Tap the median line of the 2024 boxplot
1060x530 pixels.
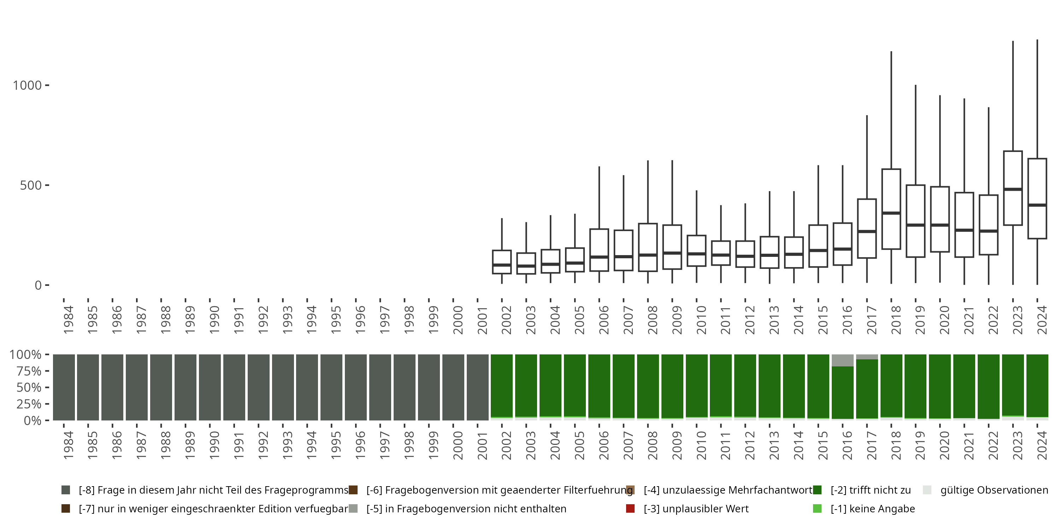[1037, 205]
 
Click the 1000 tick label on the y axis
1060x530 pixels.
[27, 85]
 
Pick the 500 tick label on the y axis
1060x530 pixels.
[31, 185]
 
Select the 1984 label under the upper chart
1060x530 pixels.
[68, 319]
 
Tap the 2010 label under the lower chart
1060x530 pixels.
[701, 445]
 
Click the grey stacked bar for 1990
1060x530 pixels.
[210, 387]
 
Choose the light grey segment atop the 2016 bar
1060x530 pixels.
[842, 360]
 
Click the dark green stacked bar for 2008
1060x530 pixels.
[648, 386]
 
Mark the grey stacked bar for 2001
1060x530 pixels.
[477, 387]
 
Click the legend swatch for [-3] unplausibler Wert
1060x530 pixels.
[630, 508]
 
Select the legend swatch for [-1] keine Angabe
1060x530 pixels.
[817, 508]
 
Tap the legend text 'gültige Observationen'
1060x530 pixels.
[994, 490]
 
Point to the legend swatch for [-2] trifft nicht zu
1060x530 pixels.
[817, 490]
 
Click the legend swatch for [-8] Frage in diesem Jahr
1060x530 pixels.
[65, 490]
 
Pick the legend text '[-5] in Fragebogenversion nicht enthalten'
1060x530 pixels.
[466, 508]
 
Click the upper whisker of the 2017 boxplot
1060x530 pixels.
[867, 157]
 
